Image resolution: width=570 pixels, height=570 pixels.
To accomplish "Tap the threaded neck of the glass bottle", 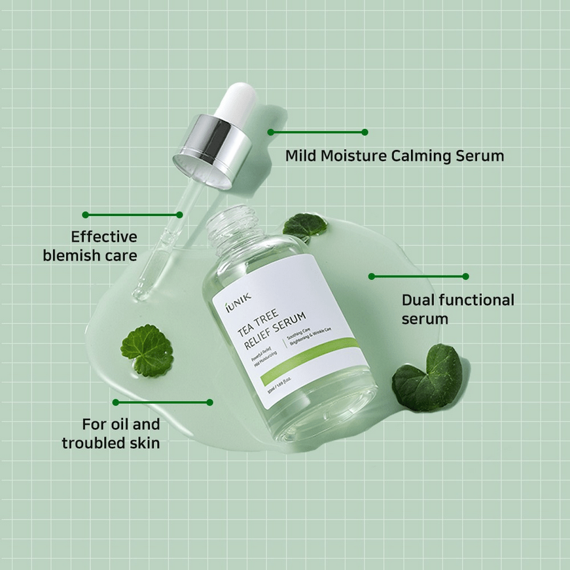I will (227, 226).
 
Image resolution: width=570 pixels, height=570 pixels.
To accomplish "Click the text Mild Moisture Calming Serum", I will (395, 156).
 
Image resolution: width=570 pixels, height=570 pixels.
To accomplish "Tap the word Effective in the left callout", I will (104, 237).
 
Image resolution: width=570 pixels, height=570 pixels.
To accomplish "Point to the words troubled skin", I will (111, 443).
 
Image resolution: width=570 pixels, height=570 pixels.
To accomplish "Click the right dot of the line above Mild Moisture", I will (365, 132).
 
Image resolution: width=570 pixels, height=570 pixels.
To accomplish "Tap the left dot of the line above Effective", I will (85, 215).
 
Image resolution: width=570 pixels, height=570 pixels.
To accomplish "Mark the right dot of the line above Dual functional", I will (466, 276).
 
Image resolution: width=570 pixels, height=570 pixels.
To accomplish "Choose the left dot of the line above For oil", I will (116, 402).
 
